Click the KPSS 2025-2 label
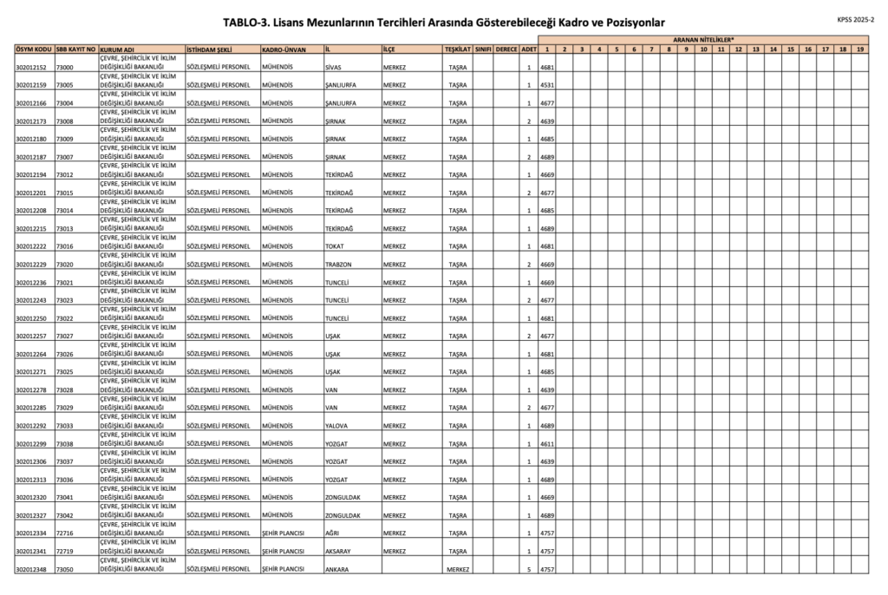856,18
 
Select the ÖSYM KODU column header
34,49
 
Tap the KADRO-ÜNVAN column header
284,49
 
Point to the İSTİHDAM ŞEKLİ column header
209,49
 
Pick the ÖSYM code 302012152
31,67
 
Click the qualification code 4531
547,85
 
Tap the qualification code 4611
547,444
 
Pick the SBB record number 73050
65,570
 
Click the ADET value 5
529,570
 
